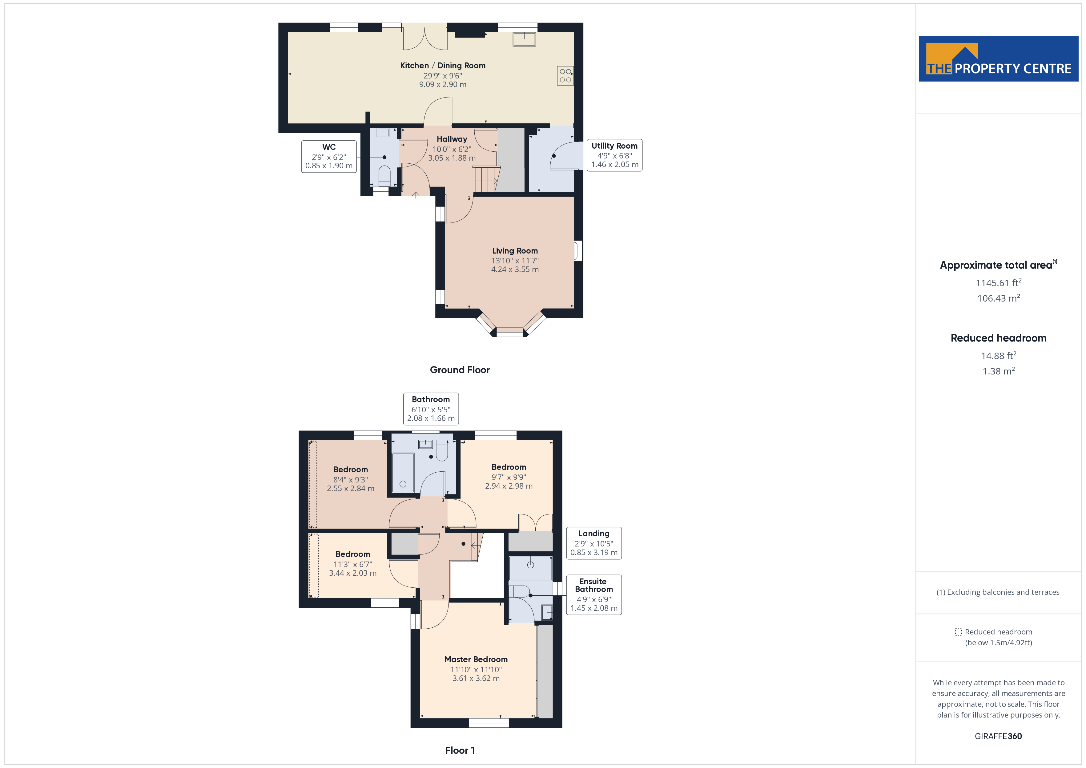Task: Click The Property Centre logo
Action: point(999,59)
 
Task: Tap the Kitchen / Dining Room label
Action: point(443,66)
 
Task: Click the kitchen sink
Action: point(524,39)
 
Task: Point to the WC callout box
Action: point(329,157)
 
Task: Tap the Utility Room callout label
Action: point(614,155)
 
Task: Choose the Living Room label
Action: point(515,251)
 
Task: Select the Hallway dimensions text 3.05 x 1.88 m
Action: point(452,158)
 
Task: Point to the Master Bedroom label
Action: point(476,659)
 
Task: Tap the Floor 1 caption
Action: point(460,750)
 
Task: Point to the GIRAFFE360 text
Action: point(998,736)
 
